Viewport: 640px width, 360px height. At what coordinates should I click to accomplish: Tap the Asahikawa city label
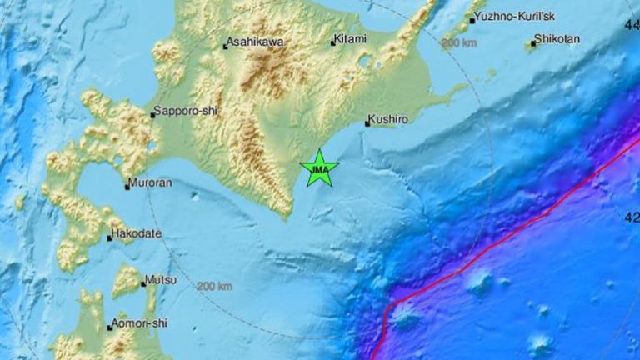254,45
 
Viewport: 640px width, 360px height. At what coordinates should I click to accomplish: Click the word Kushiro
390,120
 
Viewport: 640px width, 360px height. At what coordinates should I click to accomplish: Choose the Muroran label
150,184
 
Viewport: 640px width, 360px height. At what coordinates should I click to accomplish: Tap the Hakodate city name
137,235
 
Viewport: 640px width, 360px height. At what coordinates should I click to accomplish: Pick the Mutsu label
161,282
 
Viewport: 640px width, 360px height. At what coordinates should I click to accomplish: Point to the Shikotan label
558,39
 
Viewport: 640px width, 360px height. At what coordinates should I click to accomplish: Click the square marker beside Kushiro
367,124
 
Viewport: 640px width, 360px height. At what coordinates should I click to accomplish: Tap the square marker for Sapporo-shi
152,115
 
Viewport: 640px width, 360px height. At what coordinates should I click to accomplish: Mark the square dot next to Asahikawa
226,47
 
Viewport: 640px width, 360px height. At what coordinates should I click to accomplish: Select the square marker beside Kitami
332,42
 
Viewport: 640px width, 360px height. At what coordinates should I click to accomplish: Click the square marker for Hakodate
109,238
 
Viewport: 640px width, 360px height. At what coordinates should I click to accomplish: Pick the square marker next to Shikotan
533,42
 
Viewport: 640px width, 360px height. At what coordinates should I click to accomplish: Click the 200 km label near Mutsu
215,287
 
